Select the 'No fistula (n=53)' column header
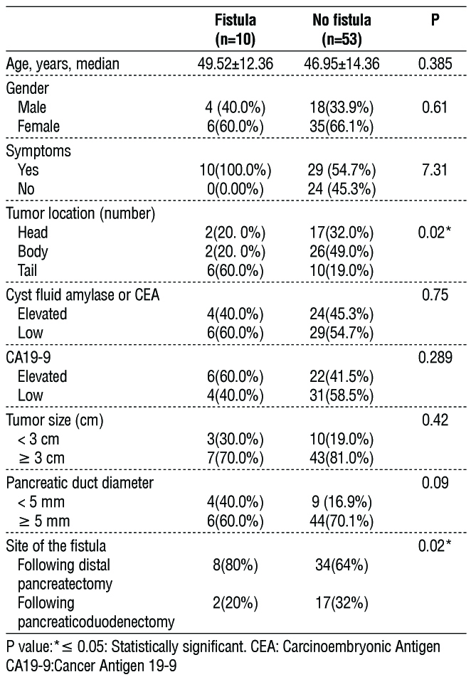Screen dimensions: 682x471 click(x=342, y=28)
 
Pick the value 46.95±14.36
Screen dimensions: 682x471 click(x=341, y=65)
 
